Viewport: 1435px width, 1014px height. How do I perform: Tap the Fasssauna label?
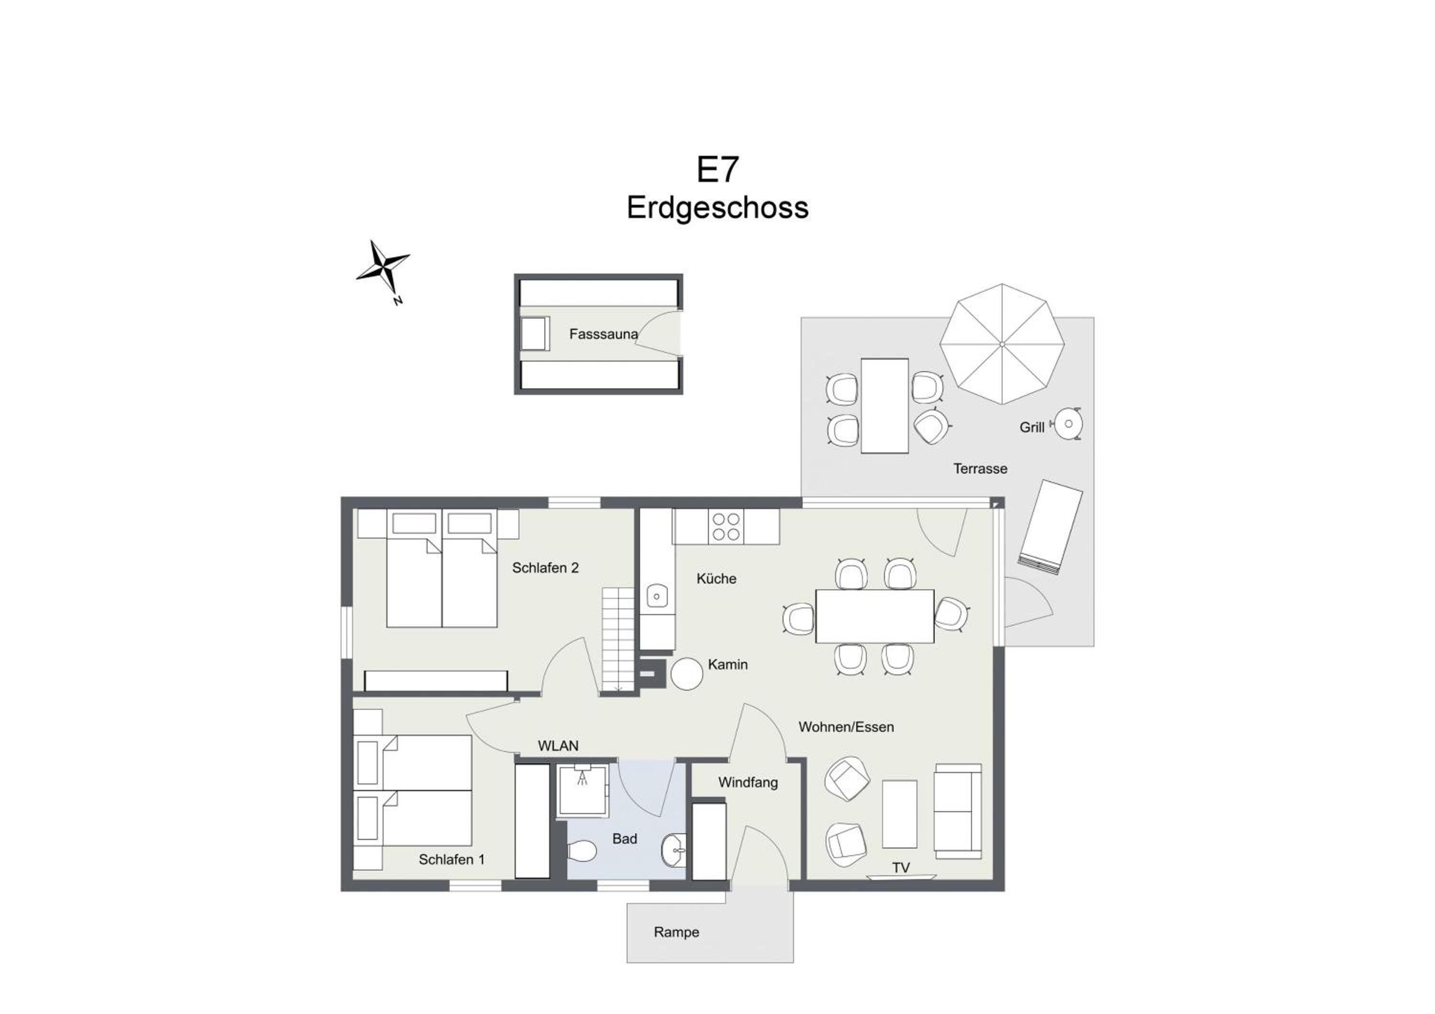[x=603, y=334]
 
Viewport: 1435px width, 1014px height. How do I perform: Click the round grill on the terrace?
[x=1068, y=424]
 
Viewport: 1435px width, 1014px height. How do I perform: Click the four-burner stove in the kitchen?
[x=726, y=526]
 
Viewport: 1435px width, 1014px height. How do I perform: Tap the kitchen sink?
[x=657, y=596]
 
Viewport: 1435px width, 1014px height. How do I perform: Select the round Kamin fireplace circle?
[x=687, y=674]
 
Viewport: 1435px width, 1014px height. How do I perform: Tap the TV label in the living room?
[x=901, y=867]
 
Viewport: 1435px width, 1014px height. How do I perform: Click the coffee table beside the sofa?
[x=899, y=814]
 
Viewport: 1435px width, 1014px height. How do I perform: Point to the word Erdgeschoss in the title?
[x=717, y=208]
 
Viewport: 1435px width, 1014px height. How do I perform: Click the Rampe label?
[x=676, y=932]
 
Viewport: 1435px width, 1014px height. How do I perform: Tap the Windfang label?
[x=748, y=782]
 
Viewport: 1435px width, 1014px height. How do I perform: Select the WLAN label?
[x=558, y=746]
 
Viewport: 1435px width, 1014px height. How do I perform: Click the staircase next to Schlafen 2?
[x=618, y=640]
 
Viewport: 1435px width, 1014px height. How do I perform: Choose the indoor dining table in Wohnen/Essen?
[x=874, y=616]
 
